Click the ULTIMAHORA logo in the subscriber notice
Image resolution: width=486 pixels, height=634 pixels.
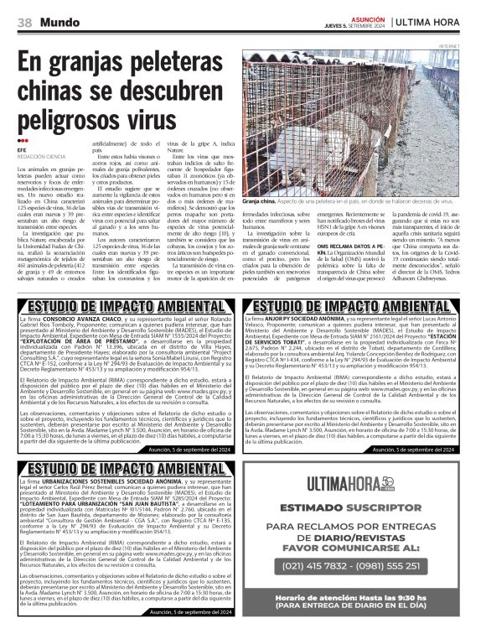click(356, 484)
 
